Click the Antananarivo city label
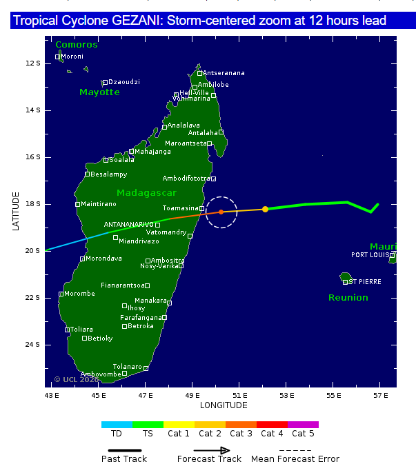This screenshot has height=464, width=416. pyautogui.click(x=128, y=224)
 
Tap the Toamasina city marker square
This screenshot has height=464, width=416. pyautogui.click(x=202, y=208)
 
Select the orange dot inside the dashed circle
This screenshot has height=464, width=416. pyautogui.click(x=221, y=212)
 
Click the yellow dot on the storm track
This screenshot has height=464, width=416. pyautogui.click(x=265, y=209)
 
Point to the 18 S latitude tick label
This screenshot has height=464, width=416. pyautogui.click(x=32, y=204)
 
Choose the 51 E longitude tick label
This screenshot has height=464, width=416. pyautogui.click(x=240, y=395)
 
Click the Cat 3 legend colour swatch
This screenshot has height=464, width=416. pyautogui.click(x=241, y=425)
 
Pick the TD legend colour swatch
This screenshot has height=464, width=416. pyautogui.click(x=117, y=425)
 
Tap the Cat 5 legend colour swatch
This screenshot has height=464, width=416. pyautogui.click(x=303, y=425)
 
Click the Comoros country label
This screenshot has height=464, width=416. pyautogui.click(x=77, y=45)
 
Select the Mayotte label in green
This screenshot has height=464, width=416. pyautogui.click(x=99, y=92)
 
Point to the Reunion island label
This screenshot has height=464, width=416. pyautogui.click(x=348, y=297)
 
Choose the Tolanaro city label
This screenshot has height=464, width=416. pyautogui.click(x=128, y=367)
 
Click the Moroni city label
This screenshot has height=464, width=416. pyautogui.click(x=72, y=57)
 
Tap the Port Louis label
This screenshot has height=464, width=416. pyautogui.click(x=370, y=254)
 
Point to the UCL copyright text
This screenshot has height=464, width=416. pyautogui.click(x=76, y=379)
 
